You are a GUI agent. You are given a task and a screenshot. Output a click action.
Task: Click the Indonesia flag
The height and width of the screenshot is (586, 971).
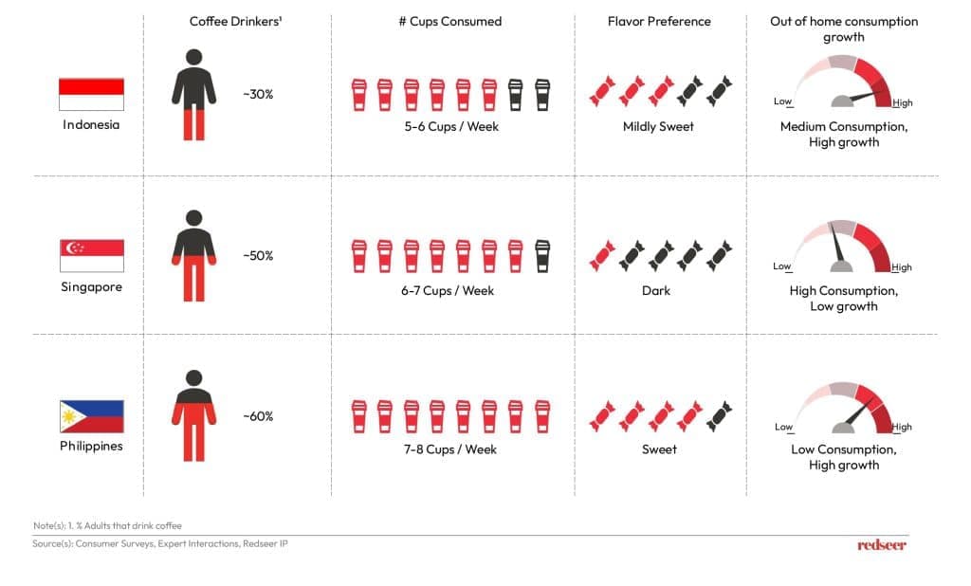tap(91, 94)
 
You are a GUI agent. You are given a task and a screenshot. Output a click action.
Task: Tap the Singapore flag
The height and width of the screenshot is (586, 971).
tap(92, 255)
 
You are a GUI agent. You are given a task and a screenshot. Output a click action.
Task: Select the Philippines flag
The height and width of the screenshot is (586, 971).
tap(92, 416)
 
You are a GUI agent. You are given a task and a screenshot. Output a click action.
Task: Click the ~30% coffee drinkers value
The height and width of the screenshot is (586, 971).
tap(258, 94)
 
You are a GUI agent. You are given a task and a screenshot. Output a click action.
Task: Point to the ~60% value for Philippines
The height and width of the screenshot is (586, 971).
tap(258, 416)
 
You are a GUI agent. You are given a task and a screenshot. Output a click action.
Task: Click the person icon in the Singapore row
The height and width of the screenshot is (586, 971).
tap(193, 255)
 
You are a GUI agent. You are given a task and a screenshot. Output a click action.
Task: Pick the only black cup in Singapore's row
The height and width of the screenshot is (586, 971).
tap(541, 256)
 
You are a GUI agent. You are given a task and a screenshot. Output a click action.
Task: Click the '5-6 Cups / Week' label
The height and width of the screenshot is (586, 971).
tap(451, 126)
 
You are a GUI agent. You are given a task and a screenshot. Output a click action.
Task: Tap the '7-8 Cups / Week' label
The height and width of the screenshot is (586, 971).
tap(450, 449)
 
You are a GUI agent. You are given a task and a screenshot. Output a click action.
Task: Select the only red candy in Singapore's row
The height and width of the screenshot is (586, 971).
tap(602, 256)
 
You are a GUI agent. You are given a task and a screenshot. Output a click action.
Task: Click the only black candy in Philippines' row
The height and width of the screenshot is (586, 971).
tap(719, 416)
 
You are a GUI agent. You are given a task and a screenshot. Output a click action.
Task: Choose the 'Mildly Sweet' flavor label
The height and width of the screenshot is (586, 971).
tap(658, 127)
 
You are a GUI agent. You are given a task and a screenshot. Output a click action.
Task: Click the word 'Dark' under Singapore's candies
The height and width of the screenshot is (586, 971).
tap(656, 290)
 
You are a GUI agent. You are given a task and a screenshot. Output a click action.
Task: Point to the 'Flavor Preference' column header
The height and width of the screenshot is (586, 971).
tap(659, 21)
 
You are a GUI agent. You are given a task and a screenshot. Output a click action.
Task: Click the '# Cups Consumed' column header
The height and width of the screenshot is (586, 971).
tap(450, 21)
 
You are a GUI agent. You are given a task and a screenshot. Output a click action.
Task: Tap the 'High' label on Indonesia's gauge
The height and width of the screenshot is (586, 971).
tap(903, 102)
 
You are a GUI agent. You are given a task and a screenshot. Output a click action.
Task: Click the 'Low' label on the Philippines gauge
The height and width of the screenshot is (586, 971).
tap(783, 427)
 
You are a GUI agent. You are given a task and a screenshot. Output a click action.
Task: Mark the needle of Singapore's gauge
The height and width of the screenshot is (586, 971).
tap(836, 244)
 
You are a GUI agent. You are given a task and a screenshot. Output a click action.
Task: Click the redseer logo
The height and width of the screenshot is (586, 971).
tap(881, 545)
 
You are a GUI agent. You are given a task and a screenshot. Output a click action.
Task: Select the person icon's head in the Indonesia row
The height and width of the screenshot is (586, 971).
tap(193, 57)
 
